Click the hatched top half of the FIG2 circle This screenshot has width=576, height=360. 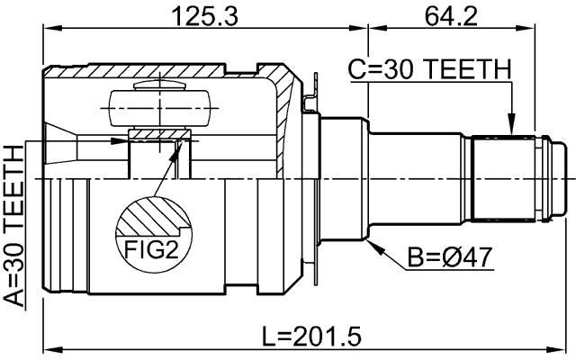pos(152,215)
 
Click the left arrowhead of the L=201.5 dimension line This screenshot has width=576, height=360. pos(50,348)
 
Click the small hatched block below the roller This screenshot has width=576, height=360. pos(159,136)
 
